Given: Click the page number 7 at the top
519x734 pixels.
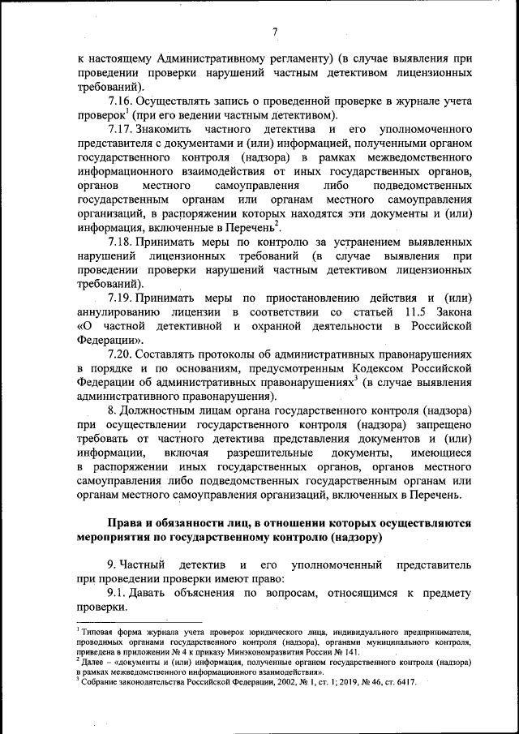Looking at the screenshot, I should [x=275, y=32].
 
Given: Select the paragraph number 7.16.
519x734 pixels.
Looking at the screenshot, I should [x=120, y=102].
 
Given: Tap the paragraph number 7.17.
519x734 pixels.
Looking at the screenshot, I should [x=120, y=130].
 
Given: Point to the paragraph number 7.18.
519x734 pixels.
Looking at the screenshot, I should [x=120, y=242].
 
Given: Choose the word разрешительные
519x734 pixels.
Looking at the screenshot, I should [x=268, y=453].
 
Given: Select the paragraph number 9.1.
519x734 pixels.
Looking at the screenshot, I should [x=118, y=593].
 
